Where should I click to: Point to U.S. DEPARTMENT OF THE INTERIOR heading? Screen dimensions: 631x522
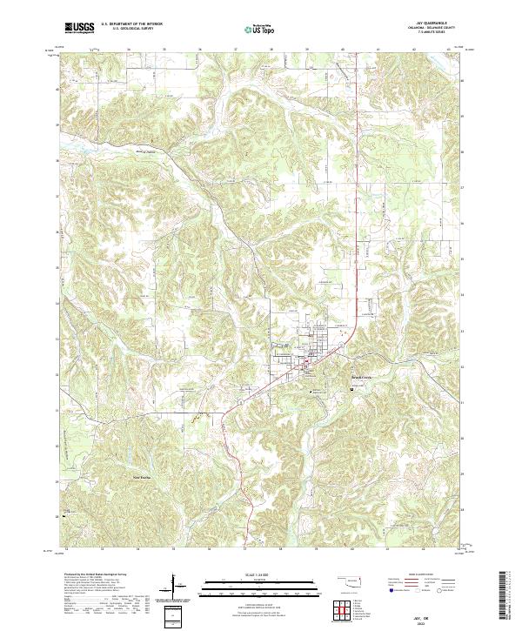tap(131, 25)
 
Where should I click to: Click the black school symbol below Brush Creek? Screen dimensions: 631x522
tap(351, 389)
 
